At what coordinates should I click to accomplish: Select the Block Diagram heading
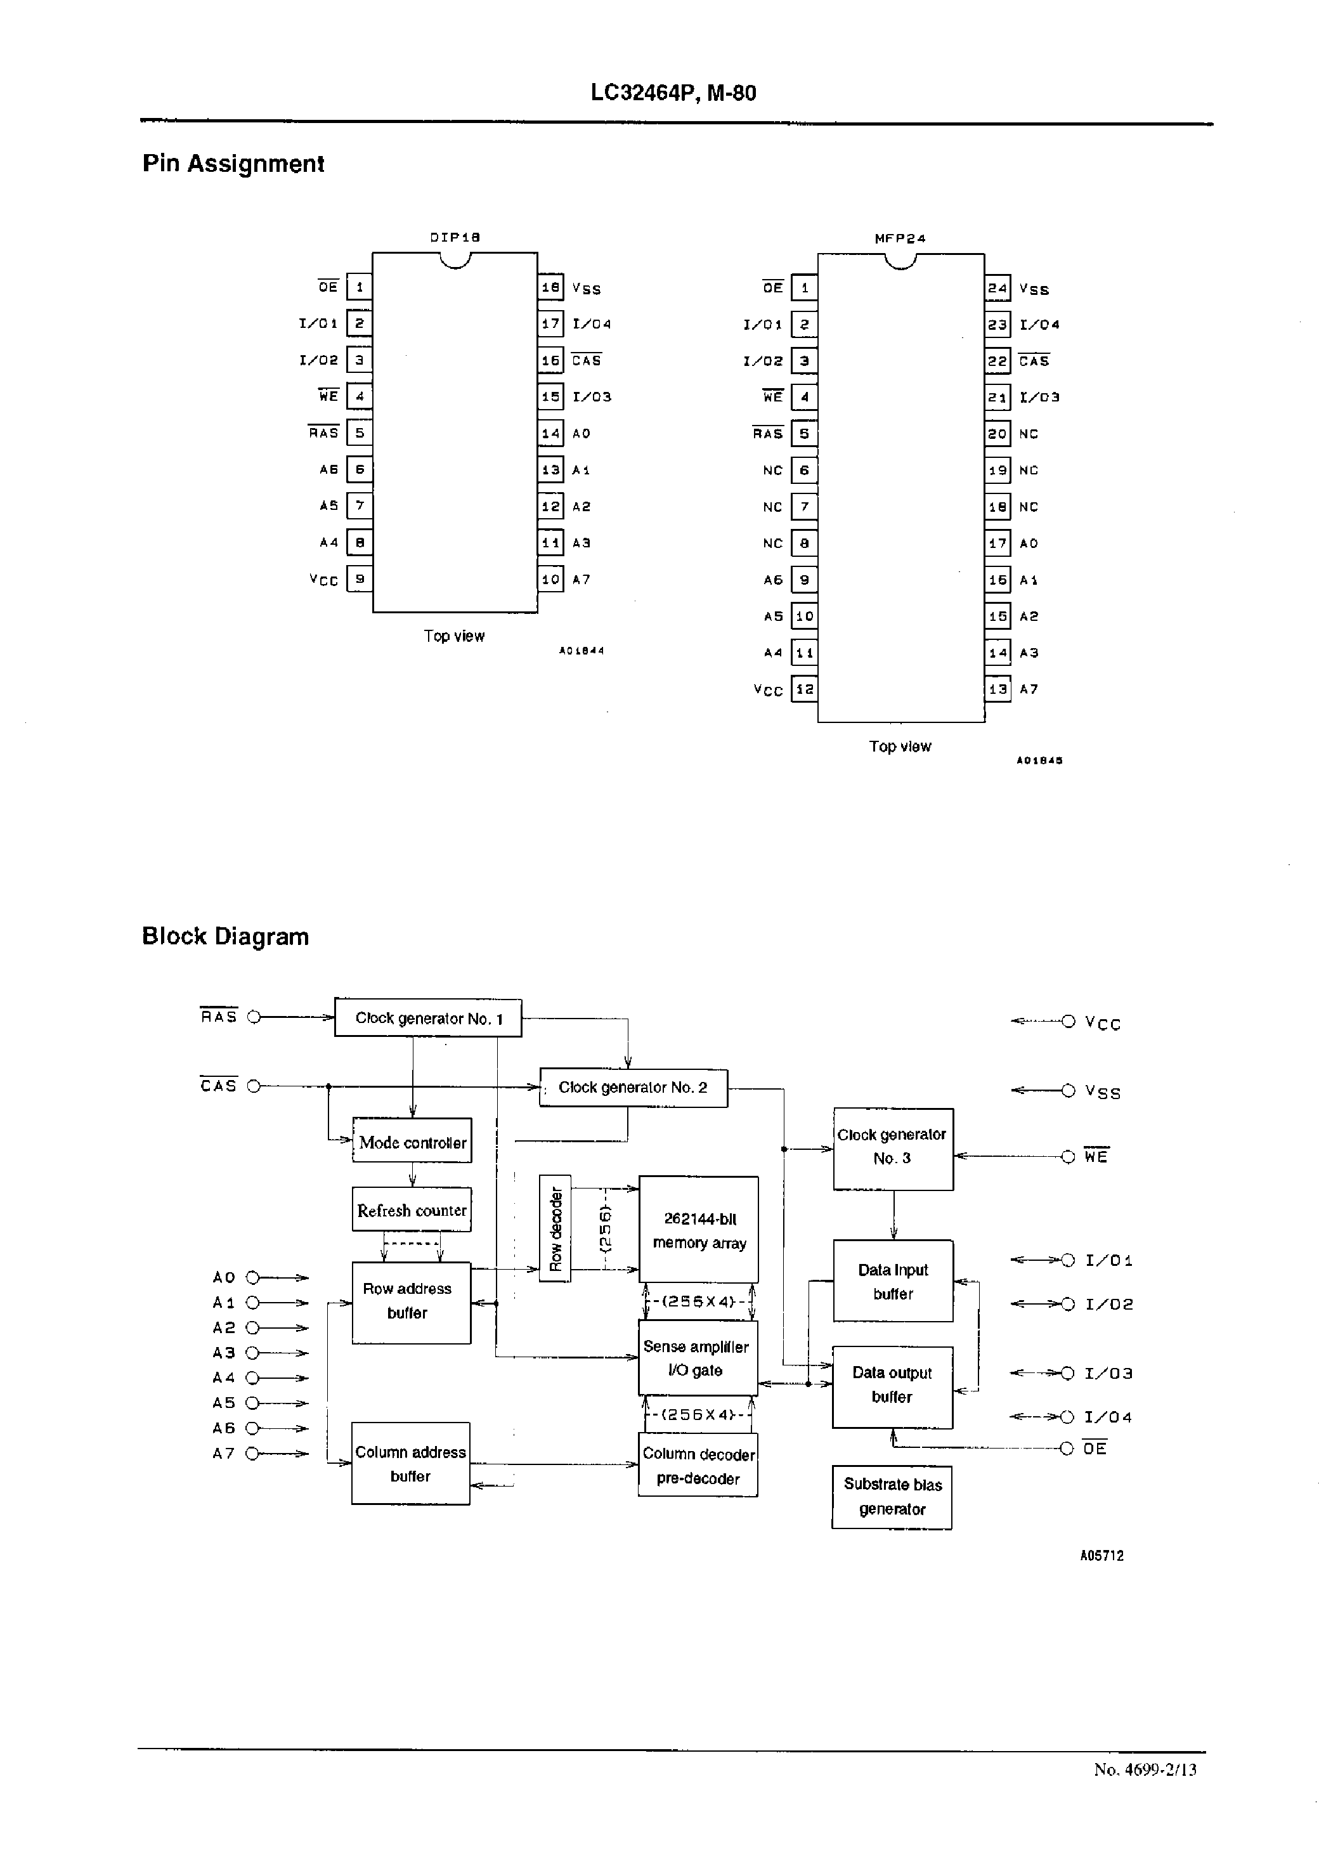tap(225, 936)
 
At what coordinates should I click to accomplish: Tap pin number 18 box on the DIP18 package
tap(550, 287)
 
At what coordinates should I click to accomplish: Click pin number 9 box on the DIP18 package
tap(359, 579)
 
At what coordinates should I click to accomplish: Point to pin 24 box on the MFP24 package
tap(997, 287)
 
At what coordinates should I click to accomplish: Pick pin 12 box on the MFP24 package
tap(804, 689)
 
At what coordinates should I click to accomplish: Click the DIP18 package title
tap(455, 237)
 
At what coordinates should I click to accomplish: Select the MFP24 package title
tap(899, 238)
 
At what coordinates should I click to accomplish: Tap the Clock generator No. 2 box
tap(634, 1088)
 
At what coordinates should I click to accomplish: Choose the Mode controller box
tap(412, 1141)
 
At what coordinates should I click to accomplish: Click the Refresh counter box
tap(412, 1210)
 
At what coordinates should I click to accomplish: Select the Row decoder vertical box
tap(556, 1228)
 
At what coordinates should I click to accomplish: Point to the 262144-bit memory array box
tap(698, 1230)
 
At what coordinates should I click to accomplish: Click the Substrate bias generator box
tap(892, 1497)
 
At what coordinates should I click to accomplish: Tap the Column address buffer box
tap(410, 1463)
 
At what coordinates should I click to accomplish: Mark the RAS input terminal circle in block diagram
tap(254, 1017)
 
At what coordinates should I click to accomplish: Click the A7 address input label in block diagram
tap(223, 1454)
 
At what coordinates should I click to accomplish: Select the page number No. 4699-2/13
tap(1145, 1769)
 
